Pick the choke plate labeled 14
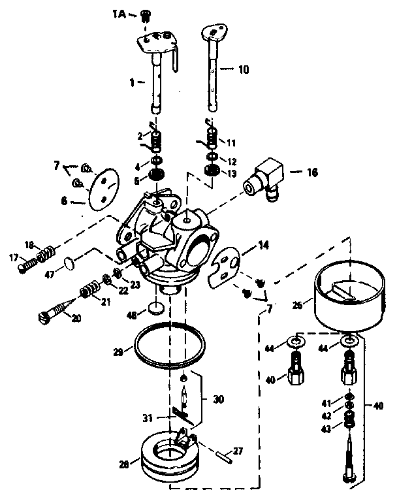click(x=225, y=266)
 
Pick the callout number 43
click(x=326, y=427)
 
